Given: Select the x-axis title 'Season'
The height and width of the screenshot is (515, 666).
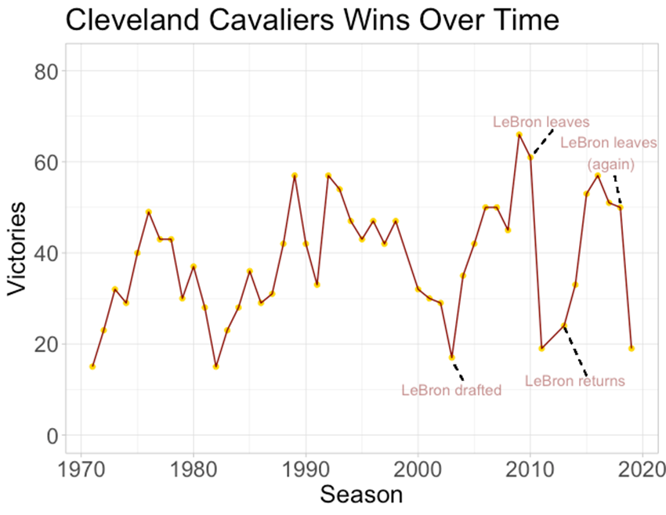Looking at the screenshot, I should tap(362, 494).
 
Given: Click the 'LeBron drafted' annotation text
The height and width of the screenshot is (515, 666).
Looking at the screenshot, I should tap(451, 390).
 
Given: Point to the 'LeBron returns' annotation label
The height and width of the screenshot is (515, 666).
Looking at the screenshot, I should tap(575, 382).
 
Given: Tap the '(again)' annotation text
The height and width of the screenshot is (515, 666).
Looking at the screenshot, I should tap(611, 165).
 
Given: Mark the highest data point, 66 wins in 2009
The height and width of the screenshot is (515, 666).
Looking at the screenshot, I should tap(519, 135).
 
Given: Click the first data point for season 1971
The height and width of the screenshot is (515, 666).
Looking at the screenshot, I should tap(92, 367).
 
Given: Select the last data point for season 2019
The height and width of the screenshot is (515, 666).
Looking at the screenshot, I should tap(632, 348).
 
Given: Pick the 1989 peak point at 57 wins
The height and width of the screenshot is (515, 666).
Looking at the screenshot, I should tap(295, 176).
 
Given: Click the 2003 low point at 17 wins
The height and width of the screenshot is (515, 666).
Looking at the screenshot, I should tap(452, 357).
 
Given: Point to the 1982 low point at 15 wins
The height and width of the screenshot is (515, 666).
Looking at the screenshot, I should tap(215, 367).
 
